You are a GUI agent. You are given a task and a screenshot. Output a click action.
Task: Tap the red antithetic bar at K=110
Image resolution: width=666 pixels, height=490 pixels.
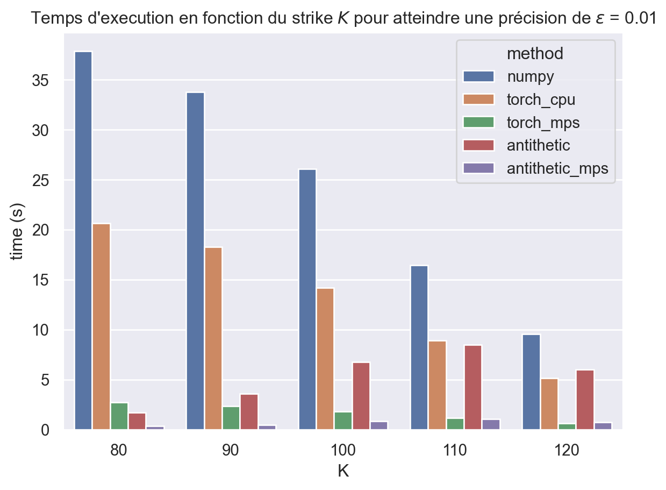tap(473, 387)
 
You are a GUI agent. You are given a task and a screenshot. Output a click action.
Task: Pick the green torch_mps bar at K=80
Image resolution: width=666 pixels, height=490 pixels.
tap(119, 416)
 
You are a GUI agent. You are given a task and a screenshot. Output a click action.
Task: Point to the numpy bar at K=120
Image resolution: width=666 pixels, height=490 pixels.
tap(531, 382)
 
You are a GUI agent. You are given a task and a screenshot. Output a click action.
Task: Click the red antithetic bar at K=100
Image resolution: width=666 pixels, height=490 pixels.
tap(361, 396)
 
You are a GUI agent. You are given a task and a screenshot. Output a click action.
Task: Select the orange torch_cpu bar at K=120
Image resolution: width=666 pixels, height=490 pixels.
tap(549, 404)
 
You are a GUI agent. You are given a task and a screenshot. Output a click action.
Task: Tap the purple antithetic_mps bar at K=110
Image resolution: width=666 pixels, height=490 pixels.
tap(491, 424)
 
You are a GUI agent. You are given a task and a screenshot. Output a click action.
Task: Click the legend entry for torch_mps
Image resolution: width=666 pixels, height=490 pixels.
tap(543, 122)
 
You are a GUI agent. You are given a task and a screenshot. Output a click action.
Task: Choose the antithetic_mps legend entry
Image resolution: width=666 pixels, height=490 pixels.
tap(557, 168)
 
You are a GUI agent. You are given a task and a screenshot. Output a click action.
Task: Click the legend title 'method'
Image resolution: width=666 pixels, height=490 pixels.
tap(535, 53)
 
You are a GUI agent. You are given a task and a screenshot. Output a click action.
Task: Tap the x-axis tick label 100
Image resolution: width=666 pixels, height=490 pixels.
tap(343, 450)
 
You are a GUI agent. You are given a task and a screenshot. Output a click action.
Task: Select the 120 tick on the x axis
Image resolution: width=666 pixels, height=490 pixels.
tap(567, 450)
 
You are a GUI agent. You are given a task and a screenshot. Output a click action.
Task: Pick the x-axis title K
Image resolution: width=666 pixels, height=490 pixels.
tap(343, 471)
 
